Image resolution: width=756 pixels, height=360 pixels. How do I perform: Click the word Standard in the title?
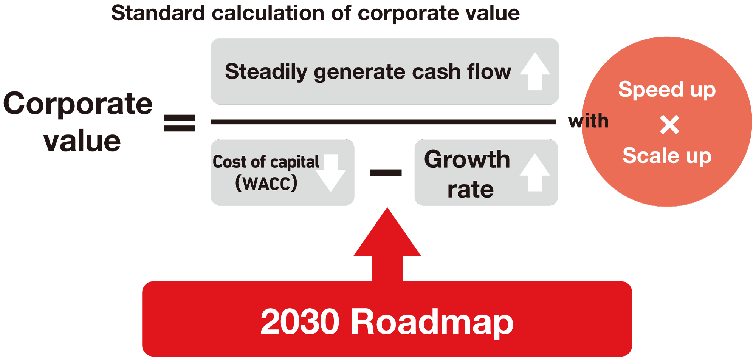point(158,13)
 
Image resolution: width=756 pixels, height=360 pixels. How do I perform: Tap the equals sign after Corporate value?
point(179,123)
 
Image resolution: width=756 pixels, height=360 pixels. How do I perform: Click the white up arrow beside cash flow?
point(535,71)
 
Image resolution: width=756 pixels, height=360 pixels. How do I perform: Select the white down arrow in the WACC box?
point(331,173)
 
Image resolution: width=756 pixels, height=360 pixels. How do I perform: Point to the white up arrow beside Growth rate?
point(535,172)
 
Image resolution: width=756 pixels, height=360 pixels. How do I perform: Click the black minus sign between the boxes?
point(386,173)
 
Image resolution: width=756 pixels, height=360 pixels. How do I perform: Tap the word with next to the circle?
point(588,121)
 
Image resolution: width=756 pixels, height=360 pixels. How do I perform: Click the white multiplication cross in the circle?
point(669,125)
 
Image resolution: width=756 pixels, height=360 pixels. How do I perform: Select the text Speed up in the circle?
point(667,90)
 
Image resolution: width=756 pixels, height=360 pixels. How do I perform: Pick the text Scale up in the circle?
point(667,156)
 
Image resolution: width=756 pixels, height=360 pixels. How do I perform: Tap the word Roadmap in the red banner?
point(432,322)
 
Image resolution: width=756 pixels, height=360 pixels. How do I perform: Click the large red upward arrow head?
point(387,232)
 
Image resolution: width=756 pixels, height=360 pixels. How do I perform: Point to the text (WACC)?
point(266,183)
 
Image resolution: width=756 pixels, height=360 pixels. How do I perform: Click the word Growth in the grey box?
point(467,159)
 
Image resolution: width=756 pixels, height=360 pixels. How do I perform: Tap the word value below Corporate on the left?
point(82,141)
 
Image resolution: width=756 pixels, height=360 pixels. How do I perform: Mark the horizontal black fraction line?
point(384,122)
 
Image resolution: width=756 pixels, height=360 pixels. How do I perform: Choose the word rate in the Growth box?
point(470,189)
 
